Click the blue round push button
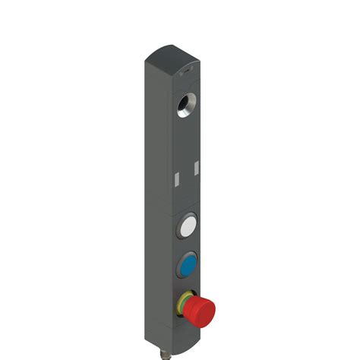(x=188, y=266)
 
